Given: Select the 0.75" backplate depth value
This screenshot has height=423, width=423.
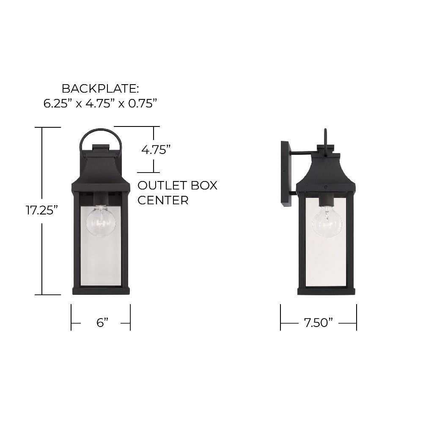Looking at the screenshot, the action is click(142, 103).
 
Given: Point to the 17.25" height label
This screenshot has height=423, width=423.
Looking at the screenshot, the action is click(42, 210).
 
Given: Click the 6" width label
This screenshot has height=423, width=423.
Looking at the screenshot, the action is click(102, 322).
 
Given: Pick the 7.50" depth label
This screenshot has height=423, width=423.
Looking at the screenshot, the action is click(319, 322).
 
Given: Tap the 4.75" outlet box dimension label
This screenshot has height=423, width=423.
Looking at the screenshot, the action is click(156, 149).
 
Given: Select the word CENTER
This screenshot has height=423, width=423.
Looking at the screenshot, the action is click(163, 200).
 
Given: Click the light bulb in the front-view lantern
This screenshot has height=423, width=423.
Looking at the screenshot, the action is click(101, 221).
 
